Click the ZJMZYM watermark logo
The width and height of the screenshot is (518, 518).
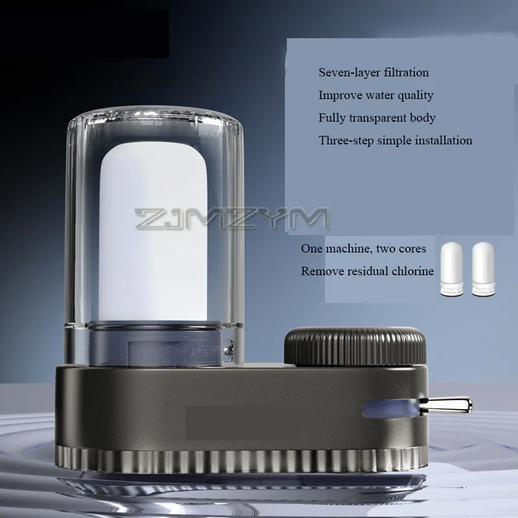tap(231, 218)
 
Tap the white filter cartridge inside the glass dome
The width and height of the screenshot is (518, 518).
tap(153, 231)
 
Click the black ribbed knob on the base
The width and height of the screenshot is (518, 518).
tap(355, 346)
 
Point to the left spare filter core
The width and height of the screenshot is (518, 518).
tap(451, 269)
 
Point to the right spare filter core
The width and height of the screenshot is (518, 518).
tap(483, 269)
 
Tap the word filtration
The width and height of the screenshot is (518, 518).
tap(407, 72)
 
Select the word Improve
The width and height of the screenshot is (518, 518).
tap(341, 95)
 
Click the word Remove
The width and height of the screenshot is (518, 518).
tap(322, 271)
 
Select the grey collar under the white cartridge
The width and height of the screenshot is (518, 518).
tap(155, 344)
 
